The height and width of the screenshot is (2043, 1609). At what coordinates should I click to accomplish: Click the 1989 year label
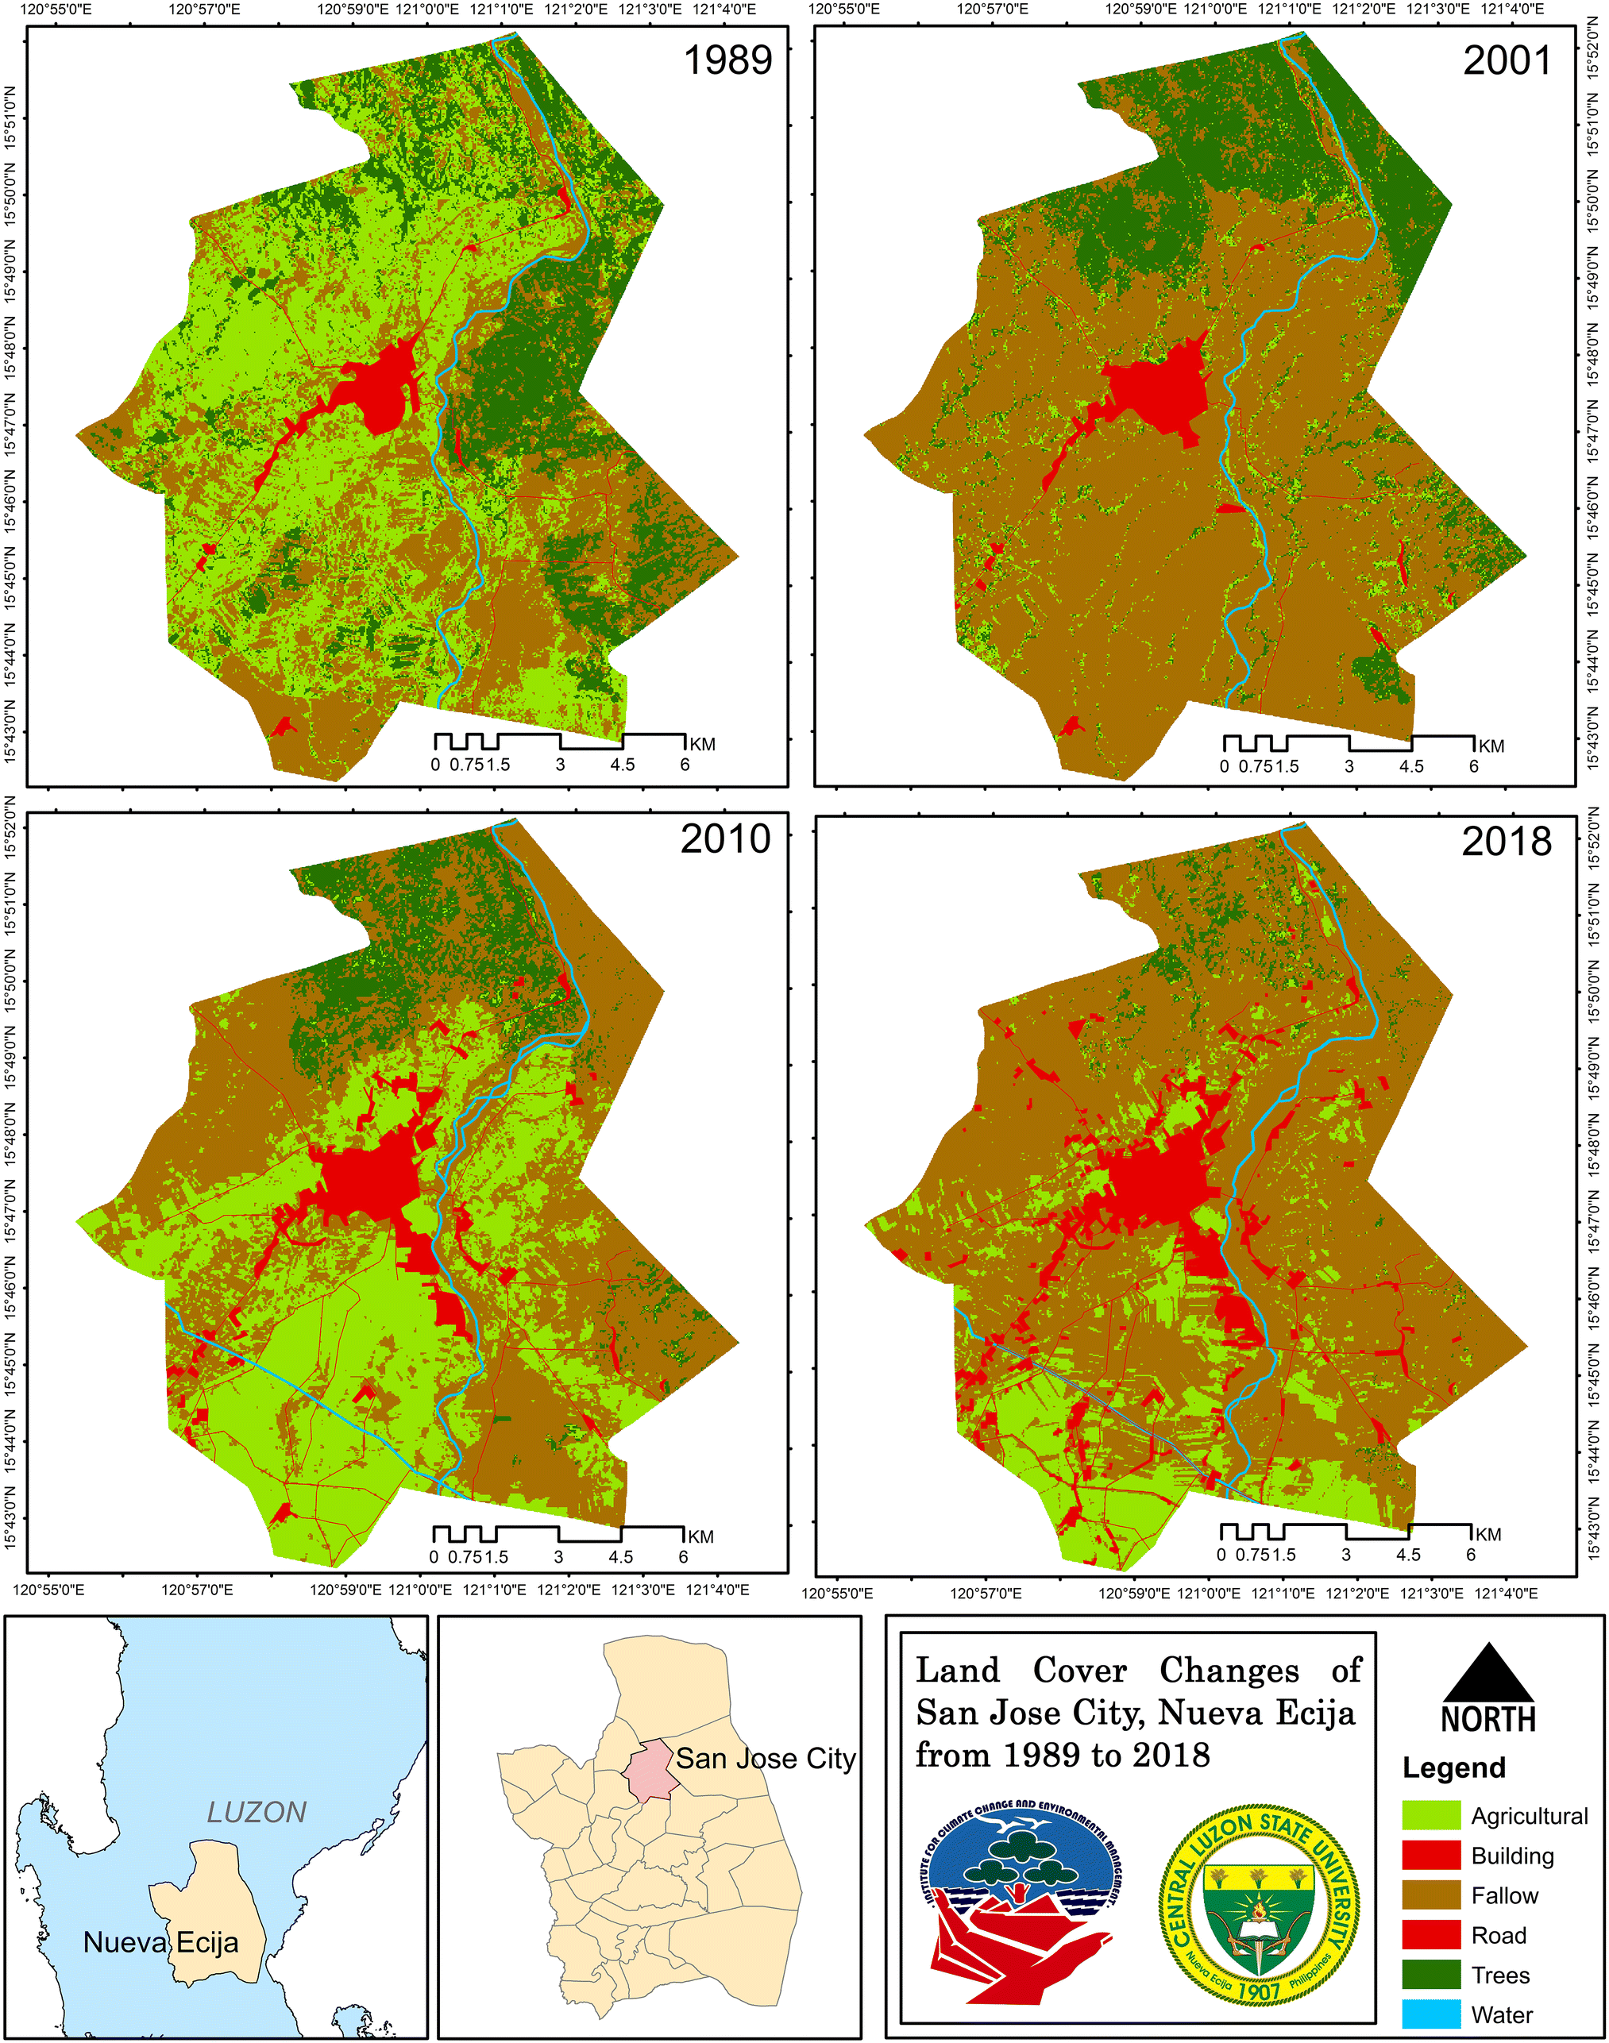pos(727,60)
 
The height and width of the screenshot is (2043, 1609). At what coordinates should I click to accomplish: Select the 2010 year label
pos(725,838)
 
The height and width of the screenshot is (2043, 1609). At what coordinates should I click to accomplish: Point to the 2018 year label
pos(1507,841)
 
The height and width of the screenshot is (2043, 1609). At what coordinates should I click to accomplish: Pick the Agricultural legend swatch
pos(1431,1816)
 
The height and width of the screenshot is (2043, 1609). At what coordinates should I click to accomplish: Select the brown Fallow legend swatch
pos(1431,1895)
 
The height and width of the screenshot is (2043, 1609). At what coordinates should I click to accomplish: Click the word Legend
pos(1453,1768)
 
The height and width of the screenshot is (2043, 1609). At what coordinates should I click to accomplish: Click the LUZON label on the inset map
pos(257,1812)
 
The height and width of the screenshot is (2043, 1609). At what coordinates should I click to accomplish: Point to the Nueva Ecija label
pos(161,1942)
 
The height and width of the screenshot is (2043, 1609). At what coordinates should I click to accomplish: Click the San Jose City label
pos(765,1759)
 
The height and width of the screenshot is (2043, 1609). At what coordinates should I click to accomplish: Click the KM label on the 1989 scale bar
pos(702,744)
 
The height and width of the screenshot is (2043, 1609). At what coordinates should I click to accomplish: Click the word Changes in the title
pos(1229,1670)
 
